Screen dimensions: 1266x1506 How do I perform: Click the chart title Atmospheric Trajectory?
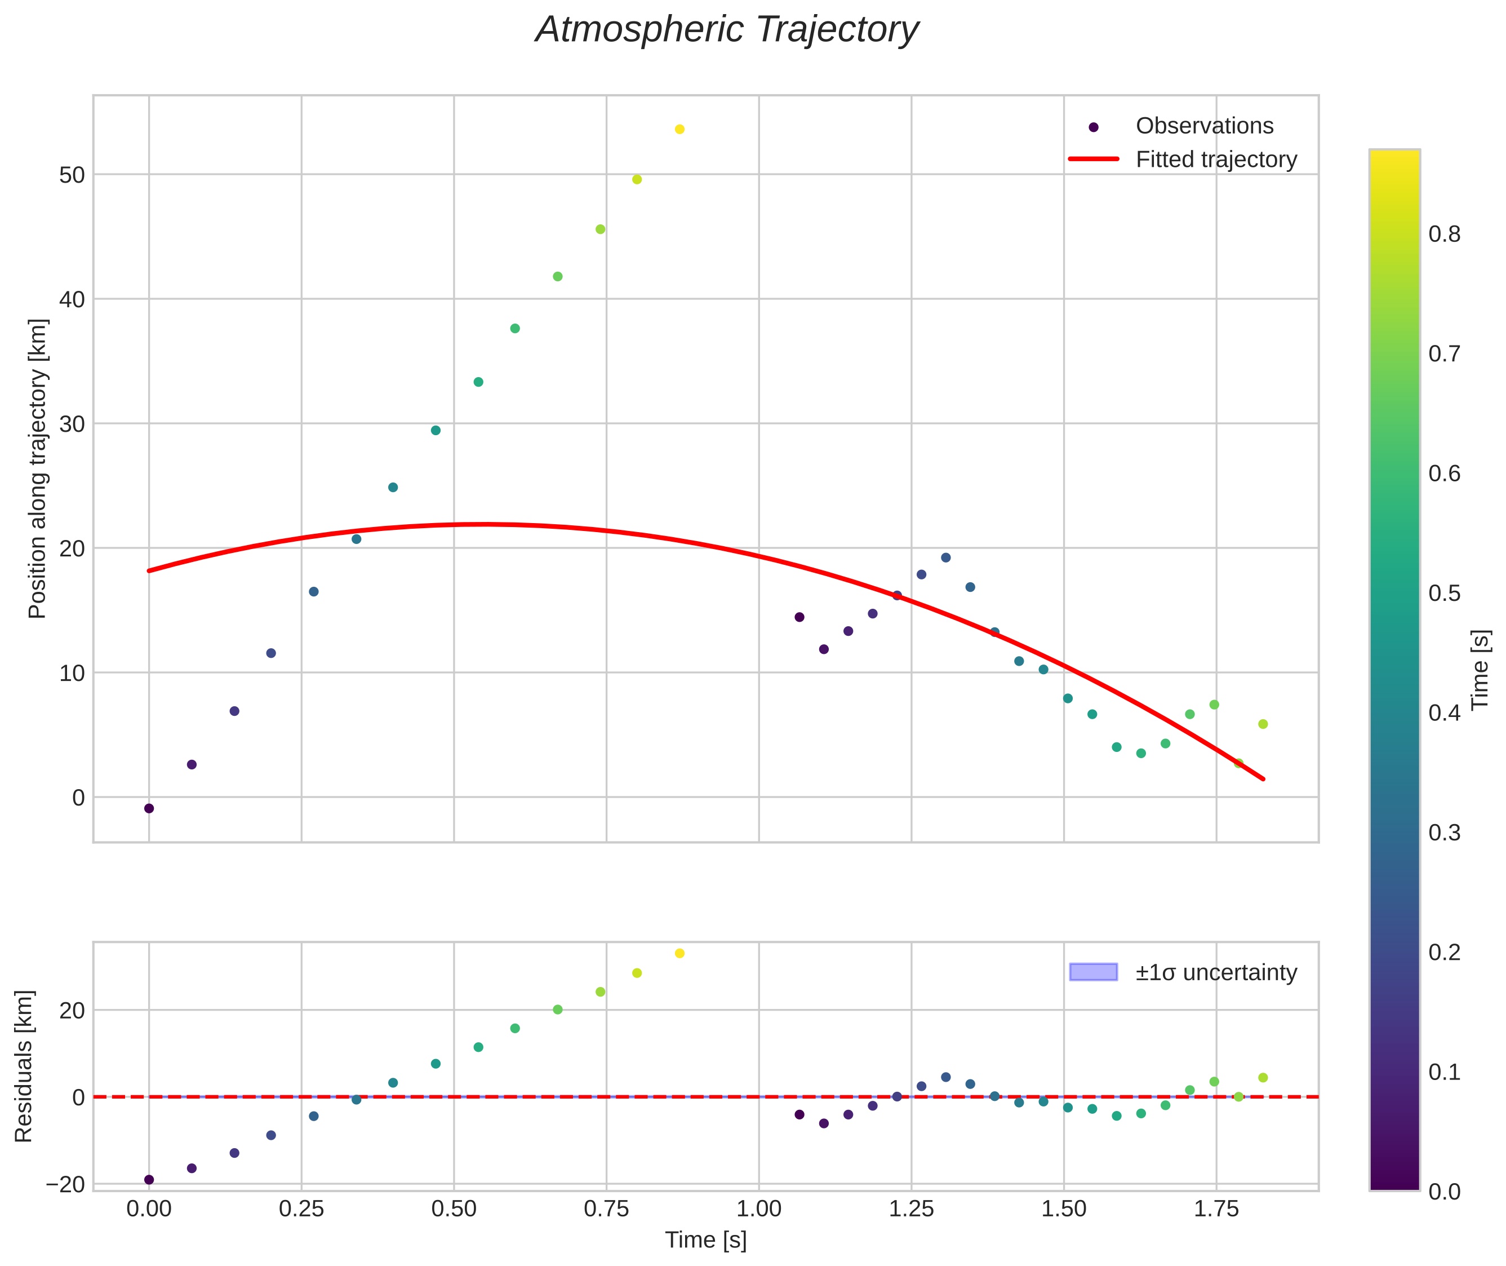(727, 30)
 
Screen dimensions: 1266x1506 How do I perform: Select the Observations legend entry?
(1204, 126)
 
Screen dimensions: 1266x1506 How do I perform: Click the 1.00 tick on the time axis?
(759, 1209)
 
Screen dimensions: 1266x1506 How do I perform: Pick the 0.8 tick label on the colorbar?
(1444, 234)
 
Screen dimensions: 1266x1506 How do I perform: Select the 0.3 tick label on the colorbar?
(1444, 833)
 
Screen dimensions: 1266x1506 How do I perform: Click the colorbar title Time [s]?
(1480, 670)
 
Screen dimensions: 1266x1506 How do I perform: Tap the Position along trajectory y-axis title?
(37, 468)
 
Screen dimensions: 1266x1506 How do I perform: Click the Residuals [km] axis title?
(24, 1066)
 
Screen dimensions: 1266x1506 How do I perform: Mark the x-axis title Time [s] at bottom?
(705, 1240)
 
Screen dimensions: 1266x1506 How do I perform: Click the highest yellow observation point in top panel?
(679, 129)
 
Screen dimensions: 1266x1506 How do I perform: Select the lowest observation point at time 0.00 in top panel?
(149, 809)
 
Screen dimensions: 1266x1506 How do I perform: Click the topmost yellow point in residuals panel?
(679, 953)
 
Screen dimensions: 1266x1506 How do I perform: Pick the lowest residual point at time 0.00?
(149, 1180)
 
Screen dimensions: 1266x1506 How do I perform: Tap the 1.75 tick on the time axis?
(1216, 1209)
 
